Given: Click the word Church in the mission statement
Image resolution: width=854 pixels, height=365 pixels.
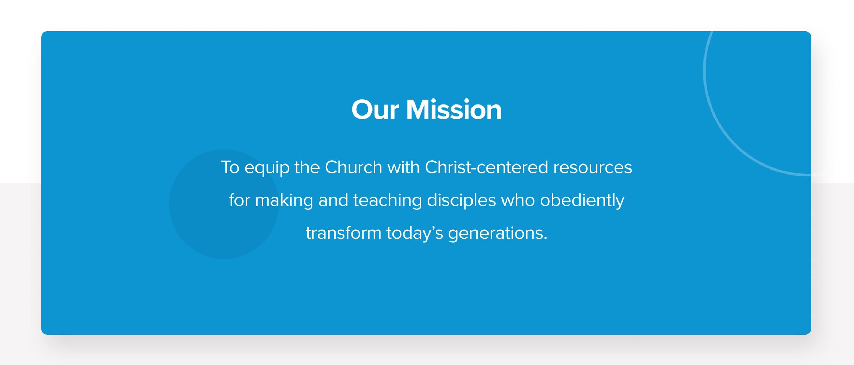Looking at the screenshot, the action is coord(354,167).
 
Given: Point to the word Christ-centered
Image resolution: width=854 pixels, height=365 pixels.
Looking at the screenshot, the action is coord(486,167).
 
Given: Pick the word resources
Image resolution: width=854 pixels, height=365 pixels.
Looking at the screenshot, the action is coord(592,168).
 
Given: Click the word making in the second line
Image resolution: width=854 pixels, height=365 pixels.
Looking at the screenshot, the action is coord(284,201).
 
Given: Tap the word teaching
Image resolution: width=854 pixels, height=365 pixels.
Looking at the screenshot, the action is coord(387,201).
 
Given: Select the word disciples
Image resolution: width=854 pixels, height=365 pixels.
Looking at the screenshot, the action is coord(461,201).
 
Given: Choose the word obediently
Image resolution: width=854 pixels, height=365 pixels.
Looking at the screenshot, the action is coord(582,201).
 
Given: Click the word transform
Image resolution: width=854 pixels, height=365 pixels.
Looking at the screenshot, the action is coord(343,233).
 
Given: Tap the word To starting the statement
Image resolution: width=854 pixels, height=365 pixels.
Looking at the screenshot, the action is coord(230,167).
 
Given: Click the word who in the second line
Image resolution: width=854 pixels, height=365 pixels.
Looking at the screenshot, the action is coord(518,200).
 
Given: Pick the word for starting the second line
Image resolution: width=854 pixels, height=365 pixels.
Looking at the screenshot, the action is coord(239,200).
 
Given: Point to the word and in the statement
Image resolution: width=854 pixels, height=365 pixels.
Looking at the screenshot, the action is coord(333,200).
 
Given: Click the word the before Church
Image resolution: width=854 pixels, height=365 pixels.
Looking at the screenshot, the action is coord(307,167).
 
